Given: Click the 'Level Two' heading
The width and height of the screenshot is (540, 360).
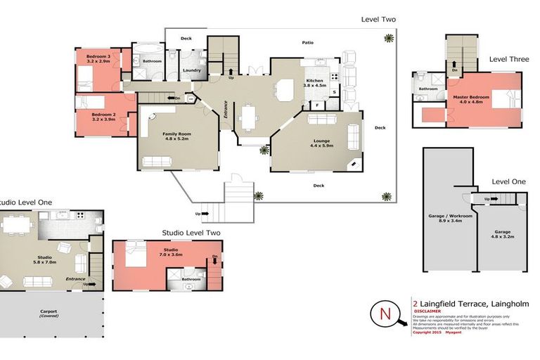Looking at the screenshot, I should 379,19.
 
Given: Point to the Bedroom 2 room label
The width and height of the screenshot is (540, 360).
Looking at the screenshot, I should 103,116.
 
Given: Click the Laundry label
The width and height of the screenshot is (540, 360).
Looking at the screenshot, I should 191,70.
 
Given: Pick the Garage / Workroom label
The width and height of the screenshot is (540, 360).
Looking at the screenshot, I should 449,218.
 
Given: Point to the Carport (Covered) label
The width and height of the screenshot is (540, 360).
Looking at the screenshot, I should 49,314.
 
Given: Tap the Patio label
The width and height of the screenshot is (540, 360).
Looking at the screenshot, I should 307,43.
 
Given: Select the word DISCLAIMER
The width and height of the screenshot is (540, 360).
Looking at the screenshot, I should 427,310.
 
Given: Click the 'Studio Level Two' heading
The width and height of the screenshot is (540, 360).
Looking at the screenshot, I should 191,233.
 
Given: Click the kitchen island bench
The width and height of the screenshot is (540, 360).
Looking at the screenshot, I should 285,90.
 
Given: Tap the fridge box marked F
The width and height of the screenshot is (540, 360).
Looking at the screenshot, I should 318,105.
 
